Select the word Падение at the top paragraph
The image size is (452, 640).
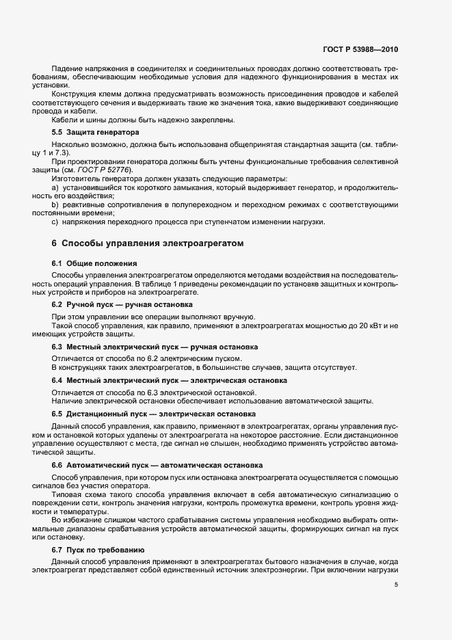(x=66, y=70)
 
